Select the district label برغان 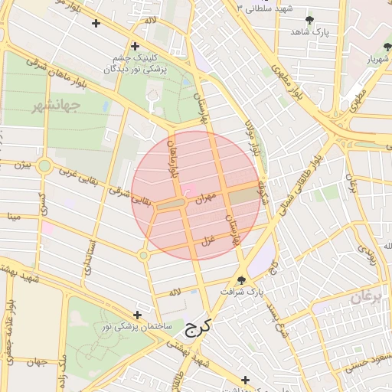366,298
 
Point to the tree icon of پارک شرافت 243,280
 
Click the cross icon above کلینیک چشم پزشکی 136,46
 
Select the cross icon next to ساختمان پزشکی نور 137,315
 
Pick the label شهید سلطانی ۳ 267,8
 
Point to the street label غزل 207,240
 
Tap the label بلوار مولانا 250,136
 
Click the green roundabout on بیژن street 45,165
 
